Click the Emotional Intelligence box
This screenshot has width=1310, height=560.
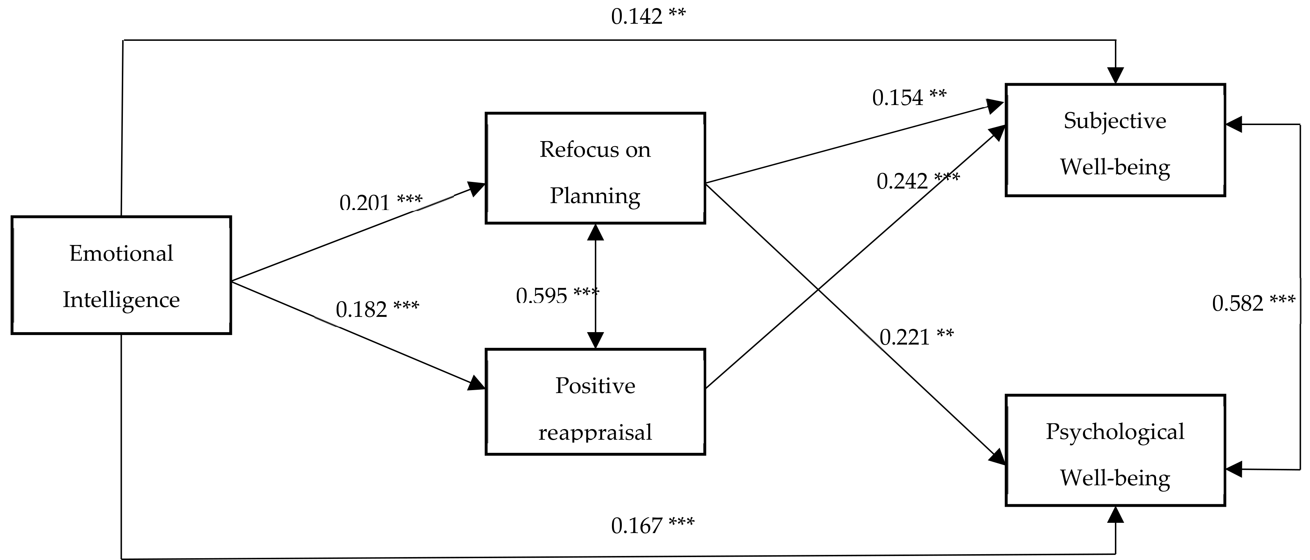(121, 275)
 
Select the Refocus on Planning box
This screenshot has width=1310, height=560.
(595, 168)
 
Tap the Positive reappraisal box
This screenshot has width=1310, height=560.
(595, 401)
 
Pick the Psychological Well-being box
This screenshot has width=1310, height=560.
(1115, 450)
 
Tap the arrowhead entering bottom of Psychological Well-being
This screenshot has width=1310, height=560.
(1115, 514)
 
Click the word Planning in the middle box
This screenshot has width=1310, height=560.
(595, 196)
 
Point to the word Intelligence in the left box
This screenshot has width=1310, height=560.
(121, 300)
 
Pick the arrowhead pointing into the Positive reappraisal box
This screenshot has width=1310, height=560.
(477, 383)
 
